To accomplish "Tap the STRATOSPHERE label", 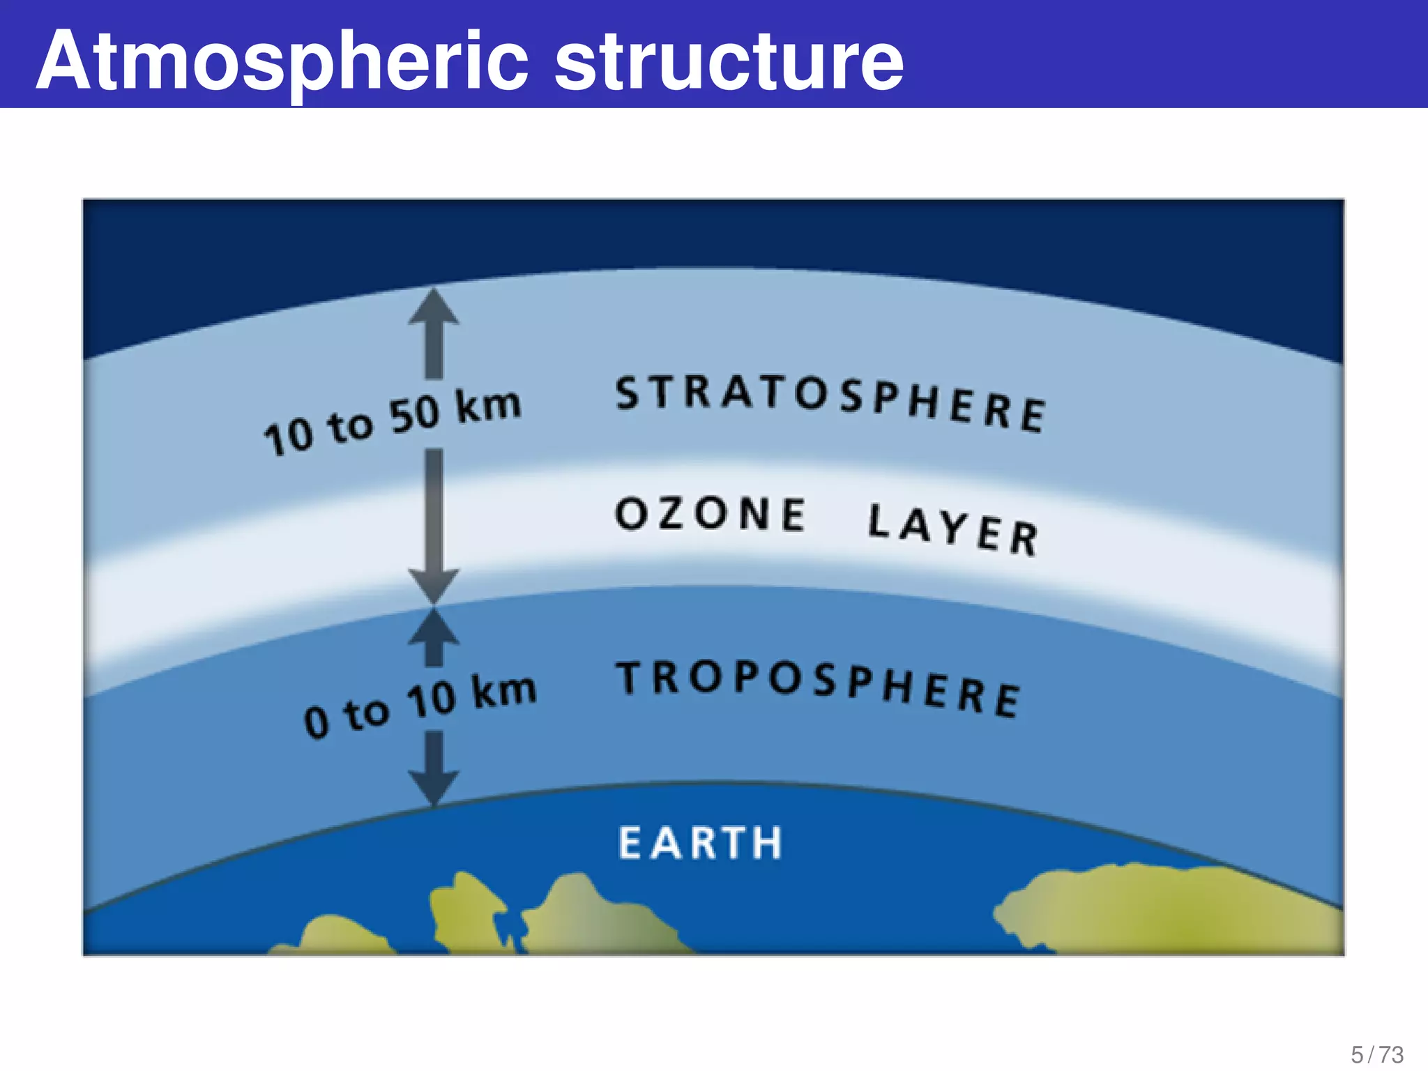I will click(x=830, y=402).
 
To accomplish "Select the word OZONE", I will click(x=710, y=514).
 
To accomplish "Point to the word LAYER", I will click(x=953, y=529).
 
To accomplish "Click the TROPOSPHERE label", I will click(x=818, y=687).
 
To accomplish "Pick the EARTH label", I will click(x=700, y=843).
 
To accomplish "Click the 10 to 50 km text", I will click(x=392, y=421).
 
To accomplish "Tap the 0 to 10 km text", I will click(x=420, y=706).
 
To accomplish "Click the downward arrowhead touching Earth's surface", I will click(x=434, y=787).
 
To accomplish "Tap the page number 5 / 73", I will click(x=1377, y=1054).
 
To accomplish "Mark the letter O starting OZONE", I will click(x=632, y=513).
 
